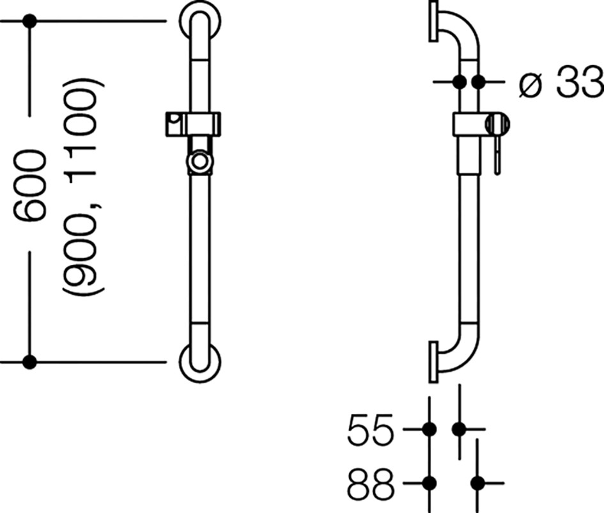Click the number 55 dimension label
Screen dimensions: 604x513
click(371, 429)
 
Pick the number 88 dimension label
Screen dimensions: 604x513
click(371, 484)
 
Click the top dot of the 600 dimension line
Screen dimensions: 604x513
click(29, 21)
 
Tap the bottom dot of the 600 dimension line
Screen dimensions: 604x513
click(29, 362)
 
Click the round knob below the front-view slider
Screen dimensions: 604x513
click(199, 161)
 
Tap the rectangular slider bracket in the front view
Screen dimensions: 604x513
click(193, 124)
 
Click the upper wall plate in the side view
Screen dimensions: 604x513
click(434, 21)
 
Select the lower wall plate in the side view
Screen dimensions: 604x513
click(434, 362)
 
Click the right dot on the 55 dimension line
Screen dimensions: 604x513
click(459, 429)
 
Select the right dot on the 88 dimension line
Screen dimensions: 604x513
click(477, 483)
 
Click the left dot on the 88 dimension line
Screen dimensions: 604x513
click(430, 483)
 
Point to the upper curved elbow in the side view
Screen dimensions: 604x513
click(458, 31)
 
